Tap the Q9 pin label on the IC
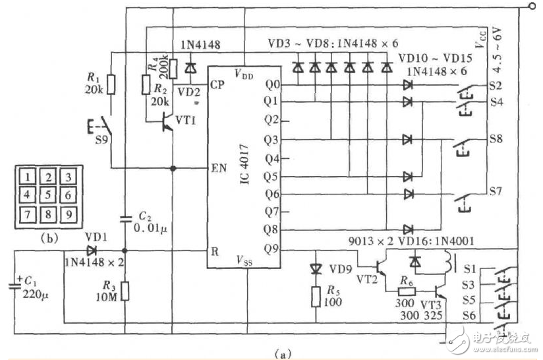point(271,250)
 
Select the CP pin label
point(217,84)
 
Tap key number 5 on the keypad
point(48,195)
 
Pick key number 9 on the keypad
point(69,214)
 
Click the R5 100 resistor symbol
point(316,296)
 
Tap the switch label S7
point(496,191)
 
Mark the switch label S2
point(496,85)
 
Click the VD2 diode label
point(188,92)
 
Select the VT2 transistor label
point(371,279)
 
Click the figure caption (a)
point(283,354)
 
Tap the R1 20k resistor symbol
point(111,84)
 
